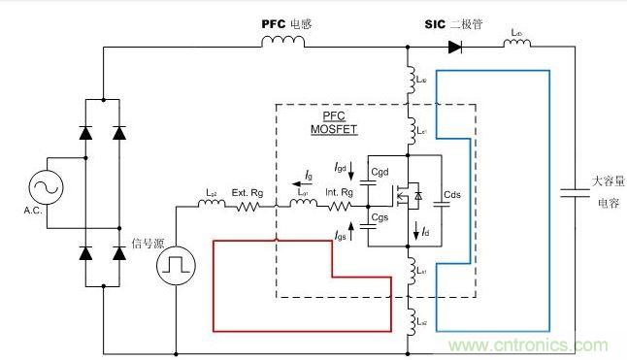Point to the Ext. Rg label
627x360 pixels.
(246, 192)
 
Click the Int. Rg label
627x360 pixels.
(337, 192)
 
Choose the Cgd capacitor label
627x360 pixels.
(379, 171)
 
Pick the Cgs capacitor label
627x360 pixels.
(379, 219)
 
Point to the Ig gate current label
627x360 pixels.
(309, 176)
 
